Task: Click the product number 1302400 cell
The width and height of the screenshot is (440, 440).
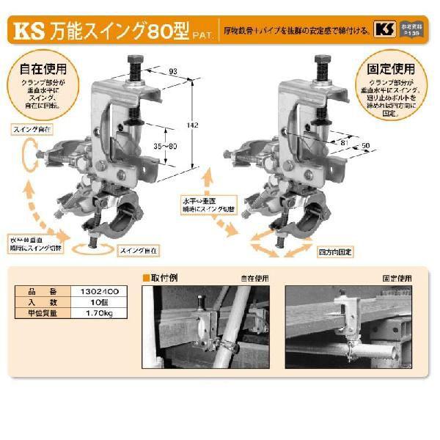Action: (x=105, y=290)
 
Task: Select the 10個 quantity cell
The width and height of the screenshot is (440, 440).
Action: (x=105, y=301)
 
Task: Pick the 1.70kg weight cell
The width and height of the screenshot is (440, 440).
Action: (x=105, y=312)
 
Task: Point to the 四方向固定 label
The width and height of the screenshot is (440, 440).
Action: (x=336, y=251)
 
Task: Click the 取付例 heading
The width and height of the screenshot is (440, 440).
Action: (x=162, y=278)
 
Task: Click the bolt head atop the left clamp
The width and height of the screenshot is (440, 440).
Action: (x=137, y=59)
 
